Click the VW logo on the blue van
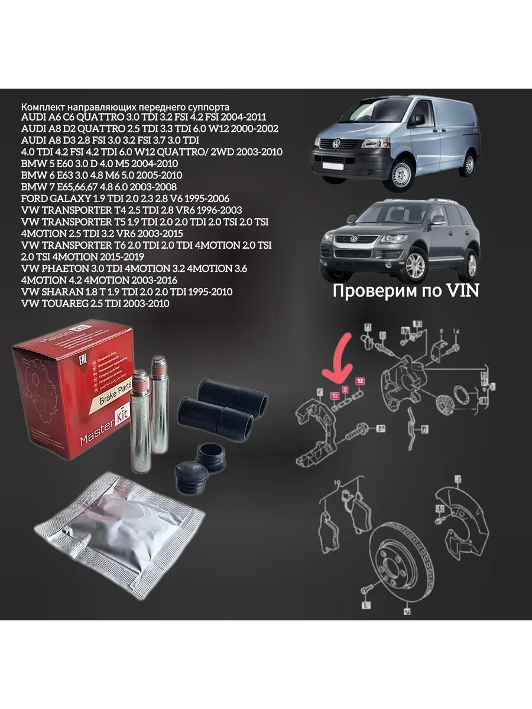pyautogui.click(x=335, y=144)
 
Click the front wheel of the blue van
pyautogui.click(x=406, y=175)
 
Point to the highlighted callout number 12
pyautogui.click(x=359, y=380)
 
